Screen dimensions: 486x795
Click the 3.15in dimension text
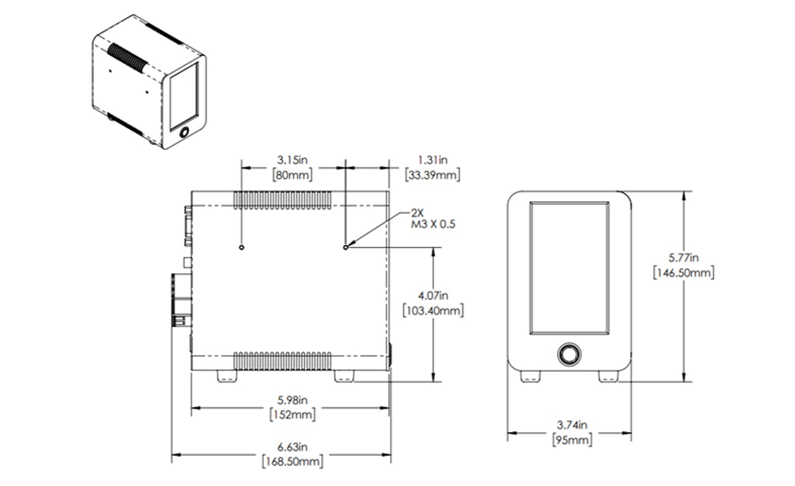292,160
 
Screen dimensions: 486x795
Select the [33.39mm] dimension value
432,175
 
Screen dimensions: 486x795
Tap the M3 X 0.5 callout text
433,224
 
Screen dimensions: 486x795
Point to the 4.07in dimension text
433,296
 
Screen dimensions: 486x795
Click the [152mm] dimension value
292,415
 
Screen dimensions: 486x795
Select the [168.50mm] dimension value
292,462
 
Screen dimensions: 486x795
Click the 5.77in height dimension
683,257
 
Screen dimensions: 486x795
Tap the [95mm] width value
572,440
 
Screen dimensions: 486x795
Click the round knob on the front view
569,354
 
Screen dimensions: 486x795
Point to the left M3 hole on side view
242,247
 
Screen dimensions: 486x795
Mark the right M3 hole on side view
346,247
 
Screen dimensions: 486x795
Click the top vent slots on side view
282,200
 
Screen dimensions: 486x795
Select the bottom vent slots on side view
282,361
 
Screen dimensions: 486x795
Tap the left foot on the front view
530,376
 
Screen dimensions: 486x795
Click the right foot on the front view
608,376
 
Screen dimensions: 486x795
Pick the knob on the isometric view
184,132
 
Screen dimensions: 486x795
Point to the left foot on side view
227,376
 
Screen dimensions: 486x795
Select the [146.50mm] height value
683,273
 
